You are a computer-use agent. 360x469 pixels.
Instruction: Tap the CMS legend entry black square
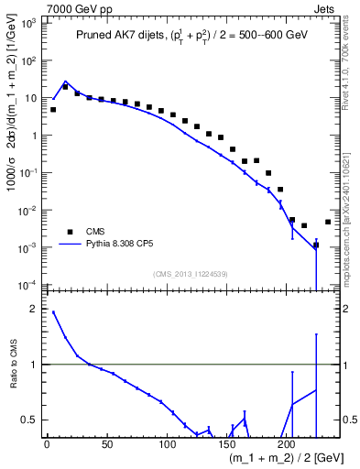66,232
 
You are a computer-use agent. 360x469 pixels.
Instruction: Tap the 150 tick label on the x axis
226,444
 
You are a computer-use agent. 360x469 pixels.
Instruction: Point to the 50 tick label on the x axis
106,444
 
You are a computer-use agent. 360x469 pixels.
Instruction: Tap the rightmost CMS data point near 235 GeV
328,222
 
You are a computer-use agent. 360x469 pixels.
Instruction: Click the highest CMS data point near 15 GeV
65,87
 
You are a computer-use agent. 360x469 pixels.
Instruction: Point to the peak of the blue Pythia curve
65,82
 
